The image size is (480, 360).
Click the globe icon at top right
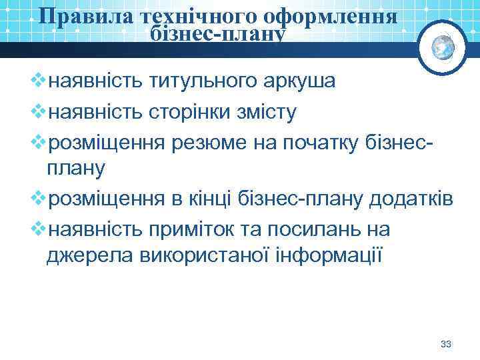click(443, 45)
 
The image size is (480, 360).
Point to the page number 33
click(446, 344)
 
